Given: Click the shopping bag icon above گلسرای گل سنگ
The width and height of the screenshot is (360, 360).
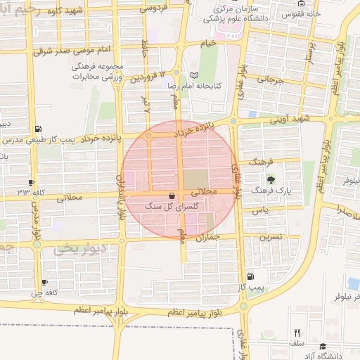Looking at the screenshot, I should [172, 195].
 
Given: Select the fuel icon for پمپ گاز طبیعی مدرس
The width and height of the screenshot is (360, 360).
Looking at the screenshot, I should [37, 129].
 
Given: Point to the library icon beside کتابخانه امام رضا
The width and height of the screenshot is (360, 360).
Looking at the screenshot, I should [195, 75].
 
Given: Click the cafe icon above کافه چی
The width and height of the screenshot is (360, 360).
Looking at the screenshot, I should [46, 282].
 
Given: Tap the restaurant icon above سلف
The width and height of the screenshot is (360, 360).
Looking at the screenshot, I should [297, 333].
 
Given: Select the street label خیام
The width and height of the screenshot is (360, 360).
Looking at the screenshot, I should [208, 44].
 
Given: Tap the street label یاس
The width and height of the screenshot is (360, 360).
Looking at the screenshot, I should [261, 210].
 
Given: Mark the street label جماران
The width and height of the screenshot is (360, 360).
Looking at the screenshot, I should [205, 238].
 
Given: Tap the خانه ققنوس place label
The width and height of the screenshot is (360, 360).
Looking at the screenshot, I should [301, 13].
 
